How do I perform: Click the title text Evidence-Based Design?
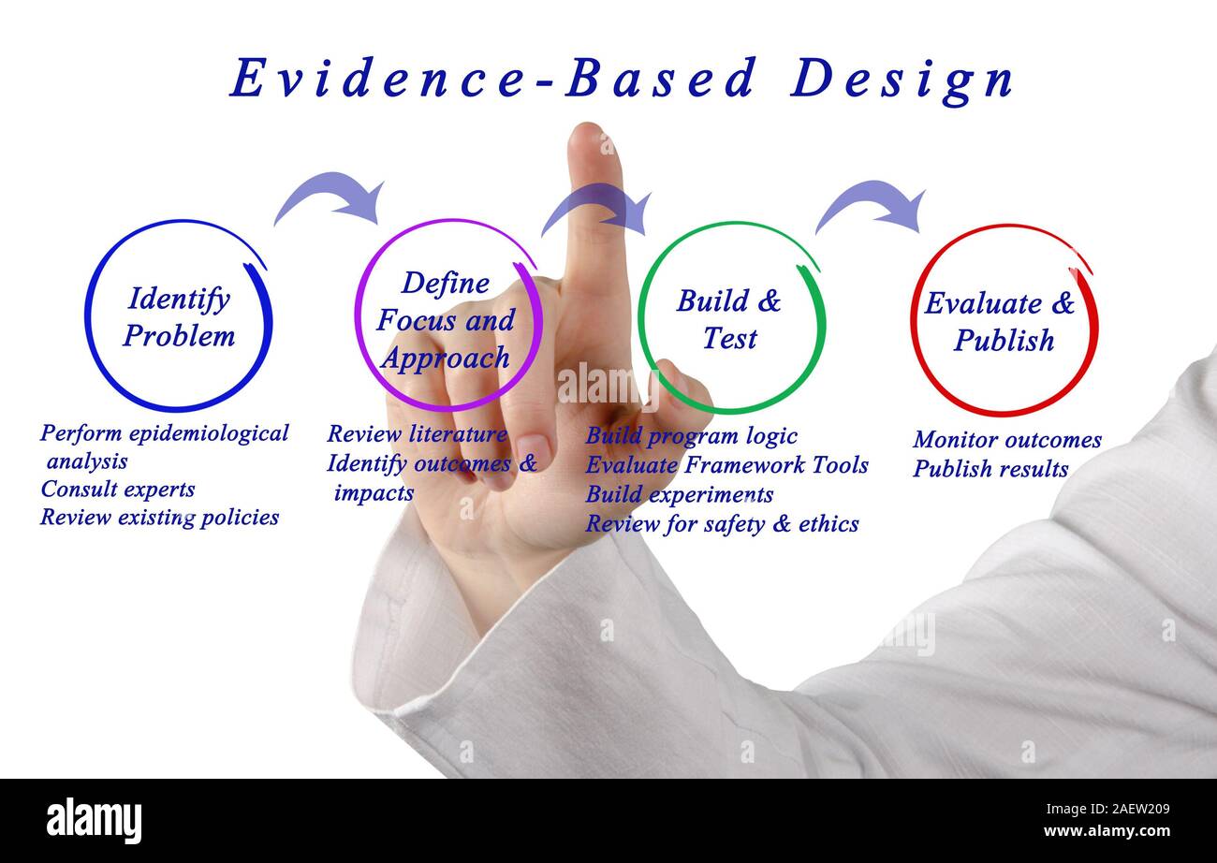pos(623,79)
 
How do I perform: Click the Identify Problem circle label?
pos(179,316)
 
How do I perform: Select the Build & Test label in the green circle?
pos(729,319)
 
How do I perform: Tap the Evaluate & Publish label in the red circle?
pos(1001,321)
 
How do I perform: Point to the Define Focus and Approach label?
pos(445,320)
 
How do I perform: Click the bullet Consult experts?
pos(117,490)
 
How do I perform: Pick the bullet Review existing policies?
pos(159,517)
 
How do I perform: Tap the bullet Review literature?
pos(417,434)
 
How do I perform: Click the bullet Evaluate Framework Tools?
pos(726,465)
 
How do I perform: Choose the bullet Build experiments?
pos(679,494)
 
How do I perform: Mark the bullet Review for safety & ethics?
pos(722,523)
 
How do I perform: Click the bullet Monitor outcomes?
pos(1006,440)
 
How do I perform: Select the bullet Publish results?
pos(990,469)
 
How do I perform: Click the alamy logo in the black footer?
pos(95,820)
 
